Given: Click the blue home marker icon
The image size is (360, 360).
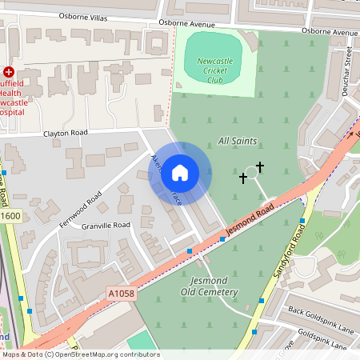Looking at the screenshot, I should tap(180, 173).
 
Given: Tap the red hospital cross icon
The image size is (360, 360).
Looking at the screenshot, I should tap(9, 72).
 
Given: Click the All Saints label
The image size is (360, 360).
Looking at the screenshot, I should tap(238, 141).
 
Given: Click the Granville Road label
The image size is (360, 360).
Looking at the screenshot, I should tap(105, 226).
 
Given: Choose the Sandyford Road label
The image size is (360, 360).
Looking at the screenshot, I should tap(290, 251).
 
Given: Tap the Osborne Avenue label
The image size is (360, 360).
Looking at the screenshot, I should tap(330, 31).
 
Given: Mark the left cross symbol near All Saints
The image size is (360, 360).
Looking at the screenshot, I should tap(243, 178).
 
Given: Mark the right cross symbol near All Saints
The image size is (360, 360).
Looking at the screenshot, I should tap(260, 166).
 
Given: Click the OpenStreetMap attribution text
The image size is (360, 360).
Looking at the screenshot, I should tap(80, 354).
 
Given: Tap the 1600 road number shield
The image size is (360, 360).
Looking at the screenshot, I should tap(10, 216).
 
